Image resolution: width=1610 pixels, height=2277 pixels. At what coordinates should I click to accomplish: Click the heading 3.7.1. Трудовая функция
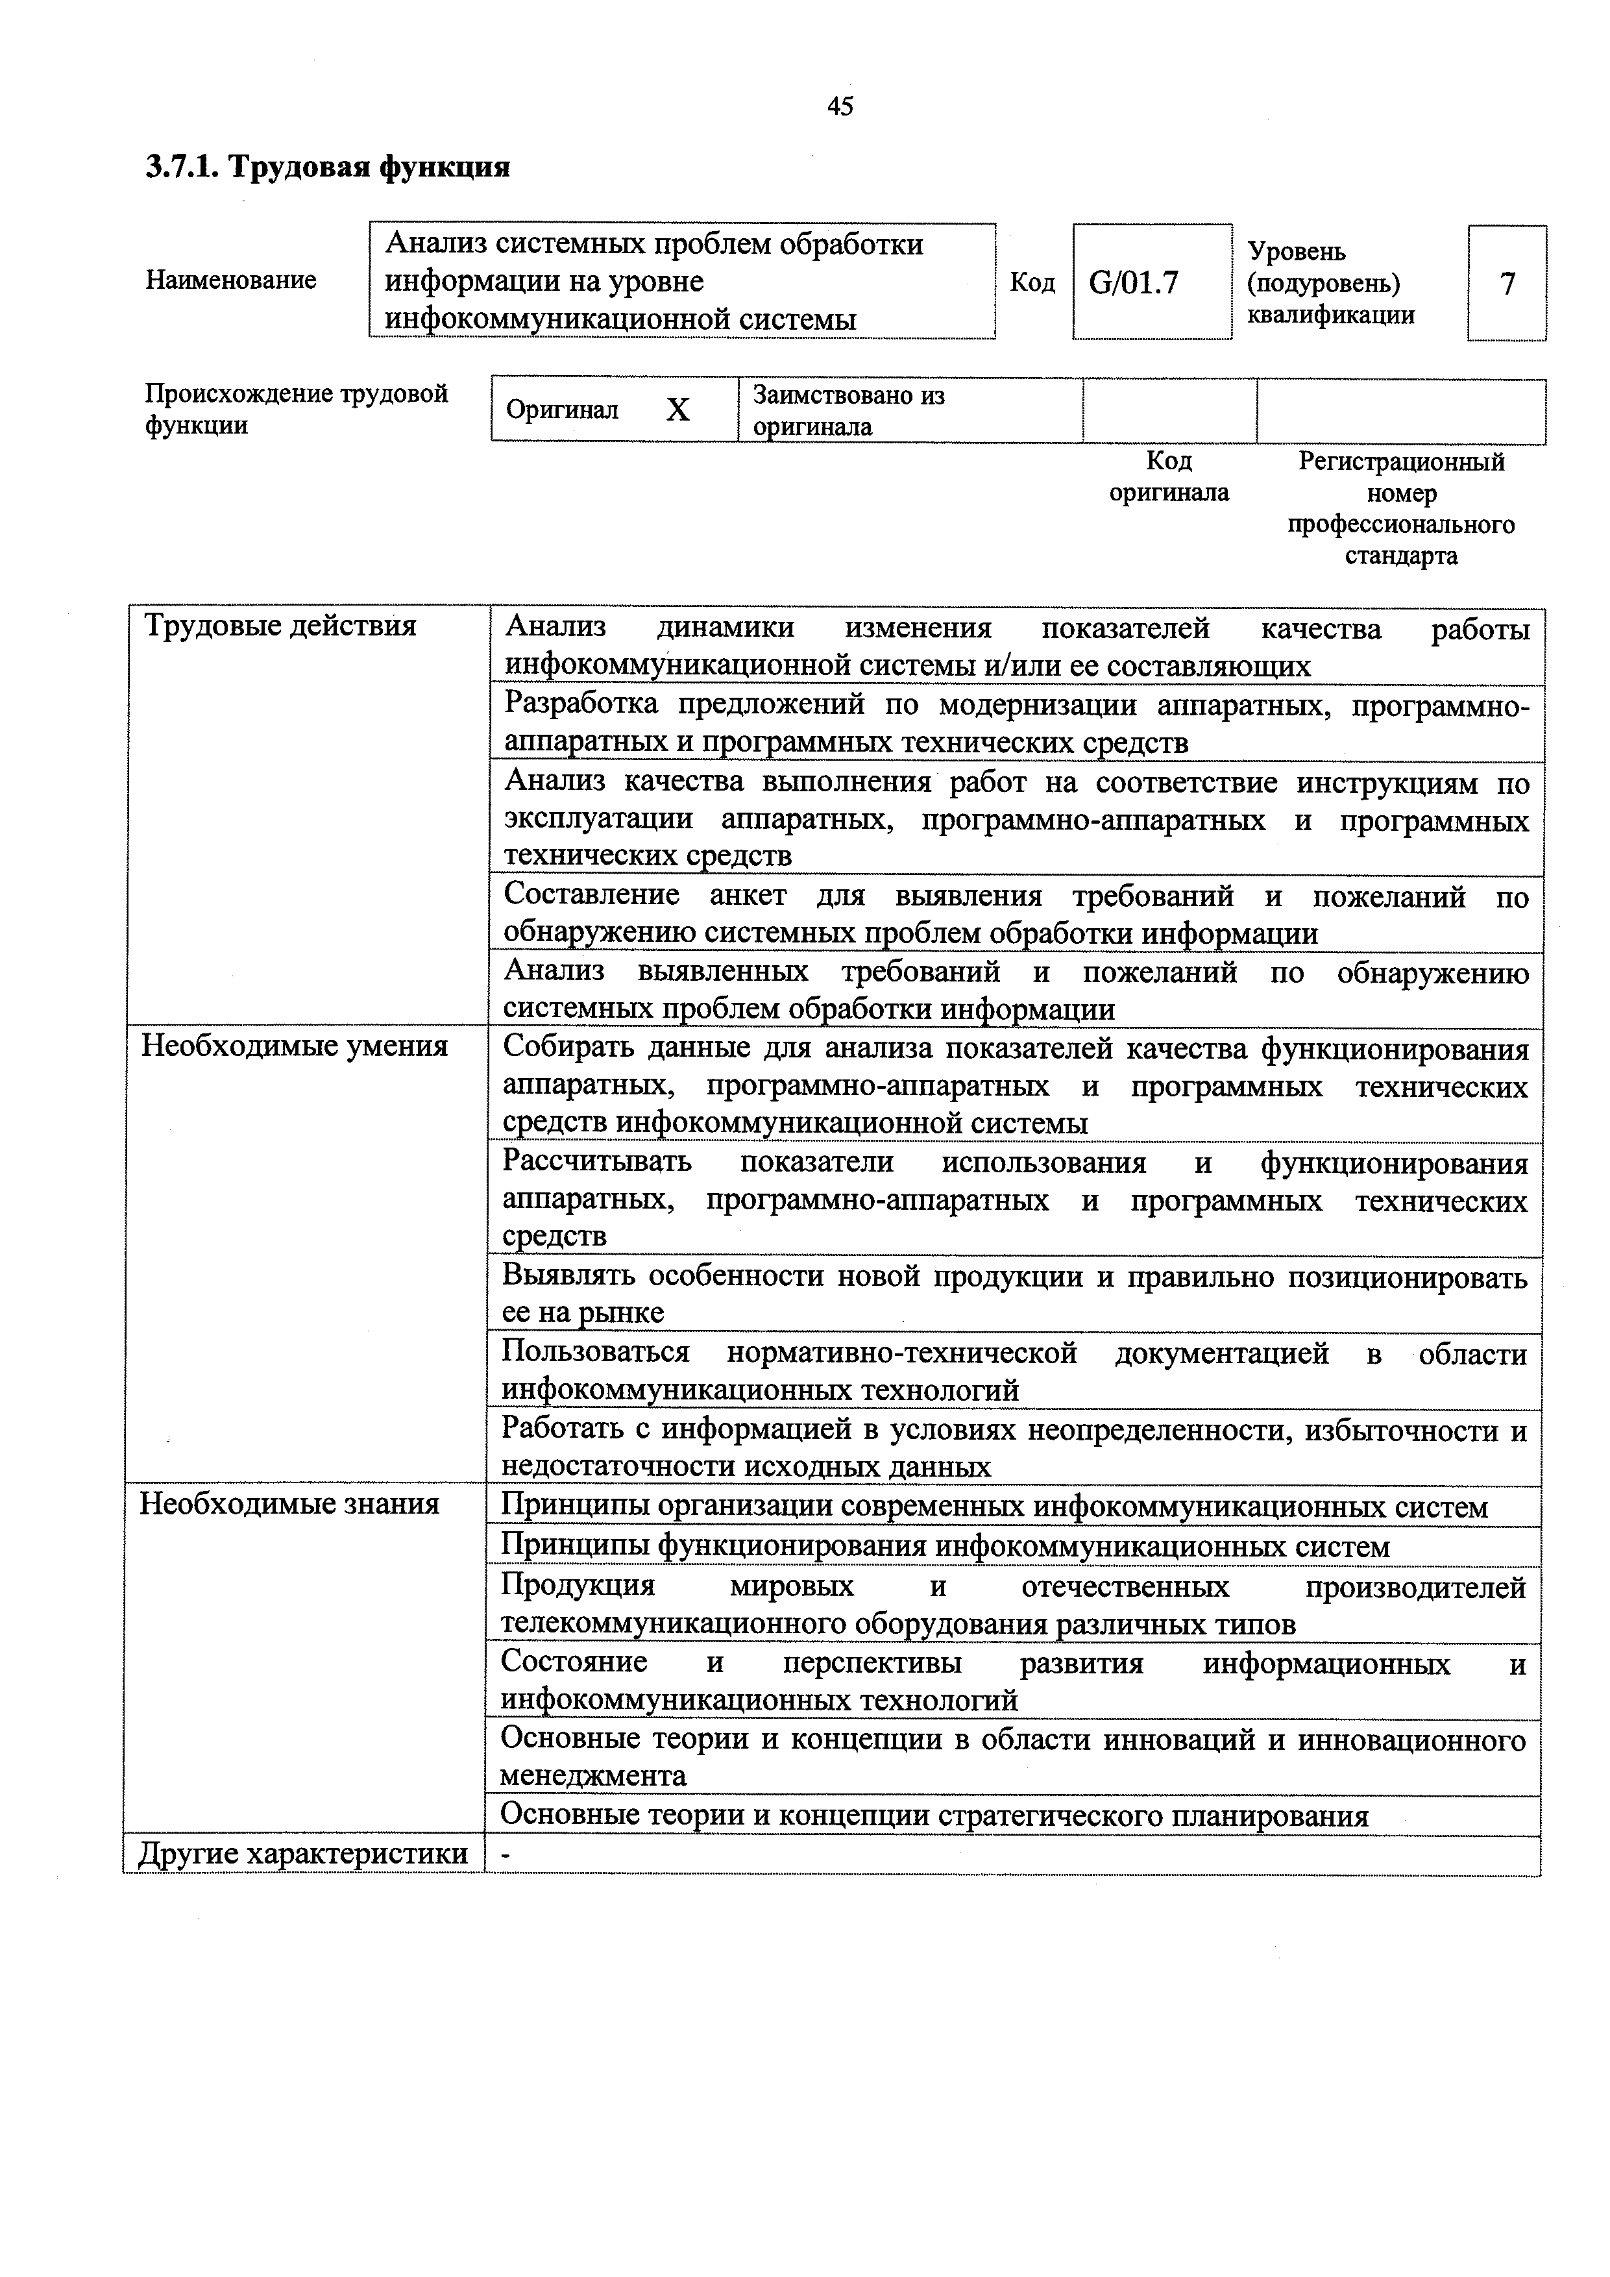[x=328, y=167]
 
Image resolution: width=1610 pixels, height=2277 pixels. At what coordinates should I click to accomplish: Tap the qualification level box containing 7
[x=1507, y=284]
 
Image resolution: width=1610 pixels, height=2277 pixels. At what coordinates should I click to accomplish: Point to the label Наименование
[x=231, y=280]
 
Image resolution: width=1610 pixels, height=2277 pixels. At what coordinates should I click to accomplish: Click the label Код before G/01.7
[x=1032, y=284]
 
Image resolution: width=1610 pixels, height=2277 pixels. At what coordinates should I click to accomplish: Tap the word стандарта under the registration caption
[x=1401, y=556]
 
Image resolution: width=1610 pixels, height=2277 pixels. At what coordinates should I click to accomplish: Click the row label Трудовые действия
[x=280, y=627]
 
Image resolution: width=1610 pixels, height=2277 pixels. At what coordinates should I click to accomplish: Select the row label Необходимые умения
[x=295, y=1046]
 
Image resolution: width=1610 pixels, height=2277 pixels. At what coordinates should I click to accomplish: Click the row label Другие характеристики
[x=303, y=1854]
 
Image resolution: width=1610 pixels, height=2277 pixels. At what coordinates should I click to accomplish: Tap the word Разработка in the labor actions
[x=581, y=703]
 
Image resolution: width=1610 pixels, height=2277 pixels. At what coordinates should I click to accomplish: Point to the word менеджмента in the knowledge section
[x=593, y=1775]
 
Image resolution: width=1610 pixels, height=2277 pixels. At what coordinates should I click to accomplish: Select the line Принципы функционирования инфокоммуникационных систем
[x=945, y=1547]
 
